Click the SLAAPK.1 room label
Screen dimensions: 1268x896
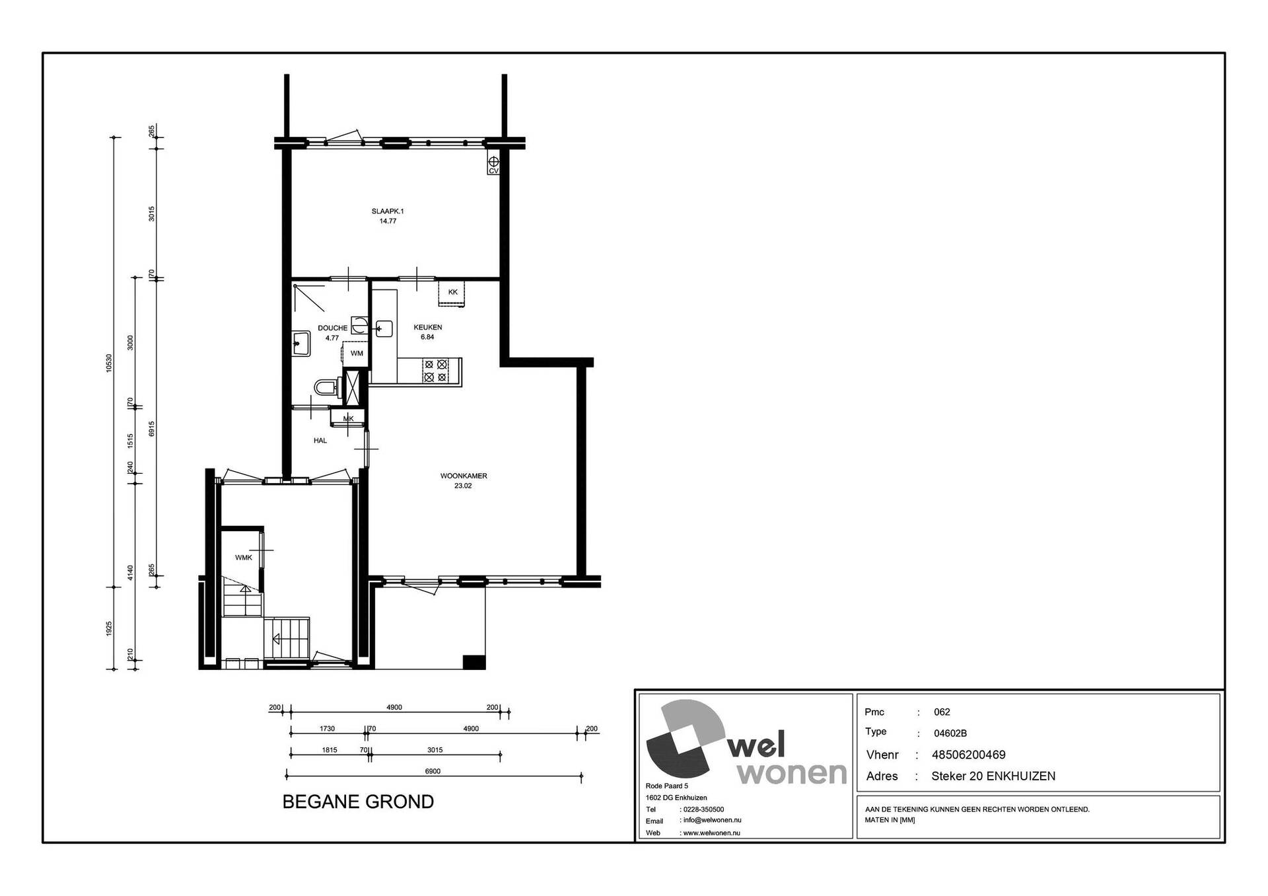click(388, 211)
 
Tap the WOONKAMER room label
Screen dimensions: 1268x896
click(464, 476)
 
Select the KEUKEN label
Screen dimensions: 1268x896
click(428, 327)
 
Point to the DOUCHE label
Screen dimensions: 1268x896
click(332, 328)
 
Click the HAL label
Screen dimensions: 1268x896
click(320, 441)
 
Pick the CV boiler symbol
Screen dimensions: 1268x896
click(493, 165)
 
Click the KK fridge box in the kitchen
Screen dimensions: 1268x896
click(452, 293)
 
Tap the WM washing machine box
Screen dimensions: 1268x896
click(357, 354)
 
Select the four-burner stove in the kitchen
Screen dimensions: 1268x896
click(436, 371)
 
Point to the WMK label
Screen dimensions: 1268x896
click(244, 558)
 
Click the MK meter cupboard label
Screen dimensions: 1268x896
click(349, 418)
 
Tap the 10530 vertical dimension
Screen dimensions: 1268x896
click(109, 363)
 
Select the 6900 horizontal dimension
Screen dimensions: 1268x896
click(433, 771)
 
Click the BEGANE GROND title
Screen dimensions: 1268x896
click(358, 802)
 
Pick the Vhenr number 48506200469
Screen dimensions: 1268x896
click(969, 755)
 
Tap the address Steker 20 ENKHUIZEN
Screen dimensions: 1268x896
click(993, 776)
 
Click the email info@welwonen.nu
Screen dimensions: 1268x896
click(713, 821)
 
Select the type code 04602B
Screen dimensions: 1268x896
click(950, 733)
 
